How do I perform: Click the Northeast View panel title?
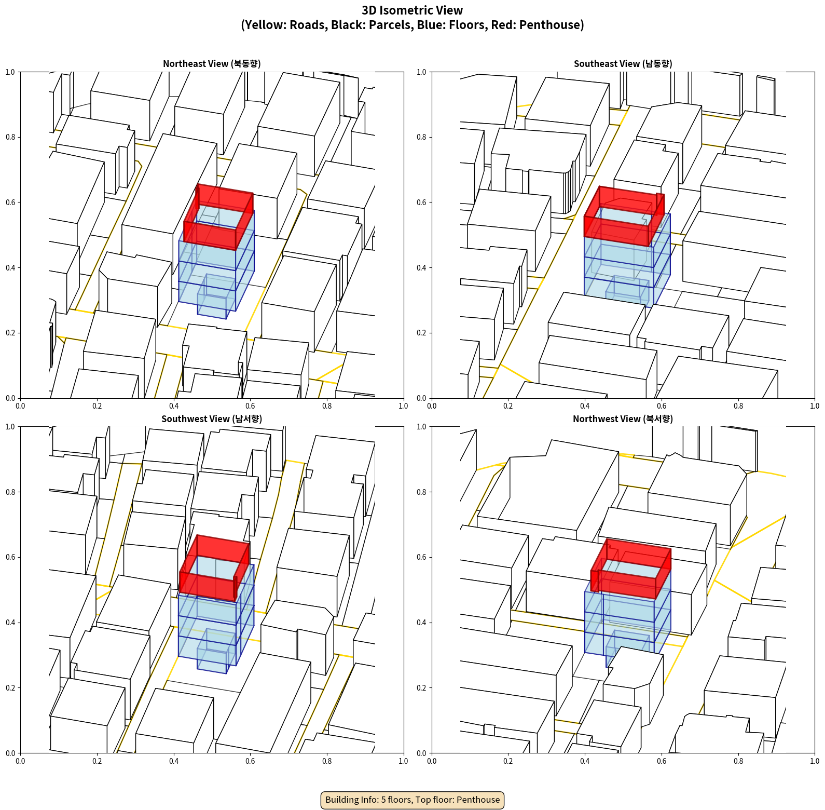pyautogui.click(x=212, y=64)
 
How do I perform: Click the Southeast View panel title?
pyautogui.click(x=623, y=64)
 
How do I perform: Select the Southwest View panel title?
pyautogui.click(x=212, y=419)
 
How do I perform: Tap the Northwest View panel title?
pyautogui.click(x=623, y=419)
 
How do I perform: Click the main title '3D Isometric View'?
pyautogui.click(x=412, y=10)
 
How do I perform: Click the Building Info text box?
pyautogui.click(x=412, y=800)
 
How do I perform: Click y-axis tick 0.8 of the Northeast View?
pyautogui.click(x=11, y=137)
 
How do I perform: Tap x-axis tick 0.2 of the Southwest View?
pyautogui.click(x=97, y=761)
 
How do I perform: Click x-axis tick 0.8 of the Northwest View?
pyautogui.click(x=738, y=761)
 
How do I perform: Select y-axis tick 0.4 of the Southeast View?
pyautogui.click(x=422, y=268)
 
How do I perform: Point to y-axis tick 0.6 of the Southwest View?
pyautogui.click(x=11, y=557)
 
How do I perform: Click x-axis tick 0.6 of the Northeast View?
pyautogui.click(x=250, y=406)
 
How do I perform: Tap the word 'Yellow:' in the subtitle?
pyautogui.click(x=265, y=25)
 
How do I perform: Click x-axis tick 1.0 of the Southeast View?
pyautogui.click(x=815, y=406)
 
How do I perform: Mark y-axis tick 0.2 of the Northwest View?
pyautogui.click(x=422, y=688)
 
